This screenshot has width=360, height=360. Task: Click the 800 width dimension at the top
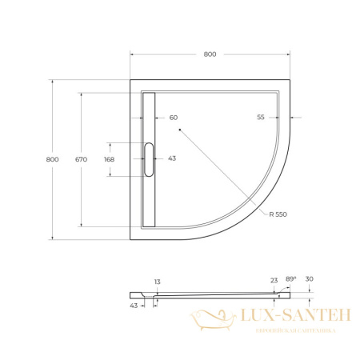(x=210, y=54)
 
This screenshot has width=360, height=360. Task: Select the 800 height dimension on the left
(x=52, y=159)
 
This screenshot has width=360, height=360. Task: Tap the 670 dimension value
(x=81, y=159)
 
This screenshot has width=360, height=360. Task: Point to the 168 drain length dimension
(x=109, y=159)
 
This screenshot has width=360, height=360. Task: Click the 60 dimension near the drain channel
(x=173, y=117)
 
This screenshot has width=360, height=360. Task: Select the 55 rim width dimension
(x=261, y=117)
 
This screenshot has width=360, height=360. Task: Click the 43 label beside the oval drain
(x=172, y=158)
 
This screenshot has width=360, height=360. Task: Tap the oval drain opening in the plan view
(x=148, y=159)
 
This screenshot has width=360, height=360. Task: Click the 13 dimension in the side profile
(x=158, y=282)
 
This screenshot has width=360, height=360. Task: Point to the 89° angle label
(x=291, y=278)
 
